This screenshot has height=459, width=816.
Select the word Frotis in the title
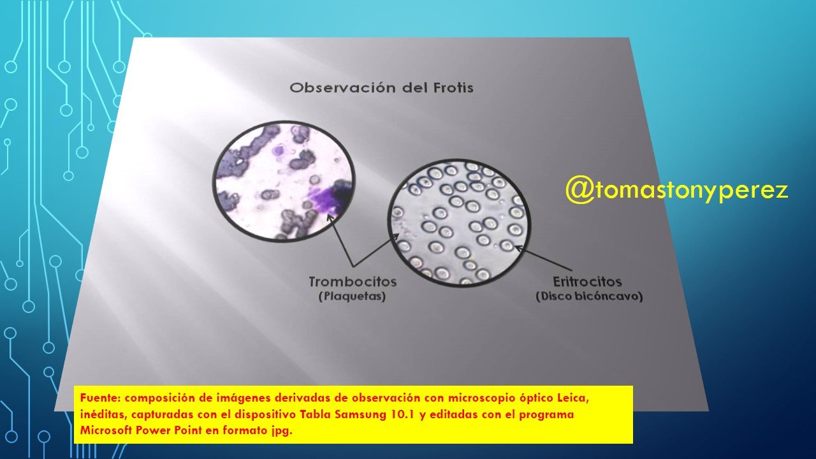[453, 88]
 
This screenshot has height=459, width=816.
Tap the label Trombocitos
[353, 282]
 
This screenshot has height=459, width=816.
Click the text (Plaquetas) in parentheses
[353, 296]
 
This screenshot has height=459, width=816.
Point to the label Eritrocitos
[587, 282]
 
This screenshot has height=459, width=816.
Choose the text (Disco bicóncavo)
[589, 296]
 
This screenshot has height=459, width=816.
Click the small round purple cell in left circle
[279, 150]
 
